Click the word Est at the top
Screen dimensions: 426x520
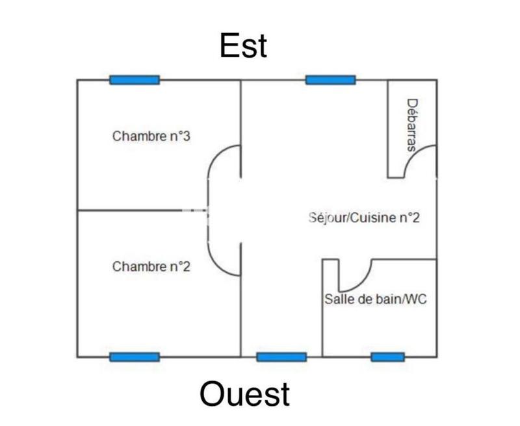[x=244, y=46]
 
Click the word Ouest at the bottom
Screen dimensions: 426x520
[x=244, y=394]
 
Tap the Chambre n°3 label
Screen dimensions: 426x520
[x=151, y=136]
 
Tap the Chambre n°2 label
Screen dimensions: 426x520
[x=151, y=266]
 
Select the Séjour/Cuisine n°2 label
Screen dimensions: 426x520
[x=364, y=218]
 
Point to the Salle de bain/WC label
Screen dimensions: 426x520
[x=376, y=300]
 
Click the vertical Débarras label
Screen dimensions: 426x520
[x=411, y=124]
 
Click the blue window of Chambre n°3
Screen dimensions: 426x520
[x=135, y=80]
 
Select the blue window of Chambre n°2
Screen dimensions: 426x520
[x=135, y=357]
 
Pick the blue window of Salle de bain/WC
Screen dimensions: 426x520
[x=387, y=357]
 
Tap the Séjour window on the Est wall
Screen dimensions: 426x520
[x=330, y=80]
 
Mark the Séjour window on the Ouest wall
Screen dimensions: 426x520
[x=281, y=357]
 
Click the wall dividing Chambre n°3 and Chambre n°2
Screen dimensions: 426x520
[x=143, y=210]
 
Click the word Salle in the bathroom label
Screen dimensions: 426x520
[x=336, y=300]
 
